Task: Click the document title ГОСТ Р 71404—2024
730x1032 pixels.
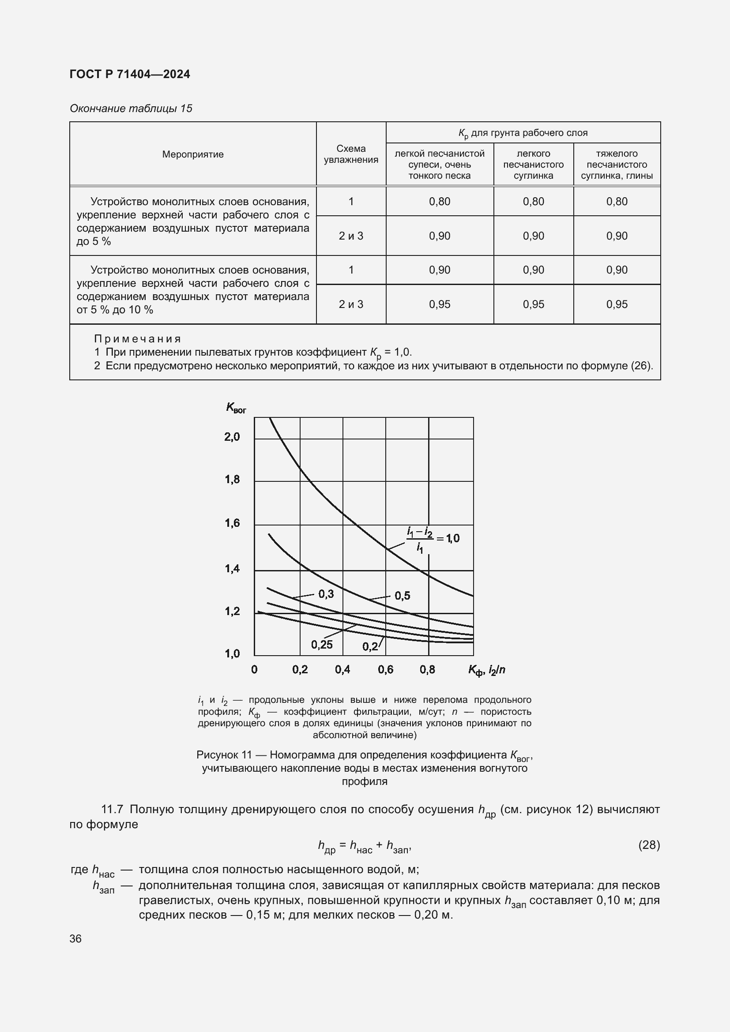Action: [130, 74]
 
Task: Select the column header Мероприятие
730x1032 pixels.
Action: [193, 154]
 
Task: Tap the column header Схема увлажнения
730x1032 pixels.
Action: [350, 154]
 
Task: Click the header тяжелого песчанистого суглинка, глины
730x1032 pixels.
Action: [616, 165]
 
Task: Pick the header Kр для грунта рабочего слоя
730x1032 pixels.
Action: [523, 133]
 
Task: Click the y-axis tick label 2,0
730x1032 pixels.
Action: [233, 436]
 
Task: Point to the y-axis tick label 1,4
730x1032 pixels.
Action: [233, 569]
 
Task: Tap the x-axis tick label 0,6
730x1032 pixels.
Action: [385, 670]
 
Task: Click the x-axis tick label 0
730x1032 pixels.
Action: [254, 670]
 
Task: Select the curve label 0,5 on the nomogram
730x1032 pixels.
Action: [403, 596]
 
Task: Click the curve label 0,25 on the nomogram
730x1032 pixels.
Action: [322, 645]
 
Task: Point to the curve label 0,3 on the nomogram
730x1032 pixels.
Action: [326, 594]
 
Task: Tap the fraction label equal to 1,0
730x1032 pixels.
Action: [433, 539]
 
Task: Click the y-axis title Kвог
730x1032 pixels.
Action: [236, 408]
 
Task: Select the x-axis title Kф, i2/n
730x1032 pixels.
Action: [486, 670]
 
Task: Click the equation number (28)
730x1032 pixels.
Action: [649, 845]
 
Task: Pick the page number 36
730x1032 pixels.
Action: [75, 938]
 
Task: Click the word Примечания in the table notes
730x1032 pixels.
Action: [138, 339]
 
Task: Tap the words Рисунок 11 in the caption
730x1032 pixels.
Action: [224, 754]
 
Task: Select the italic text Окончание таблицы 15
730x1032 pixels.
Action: [131, 109]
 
